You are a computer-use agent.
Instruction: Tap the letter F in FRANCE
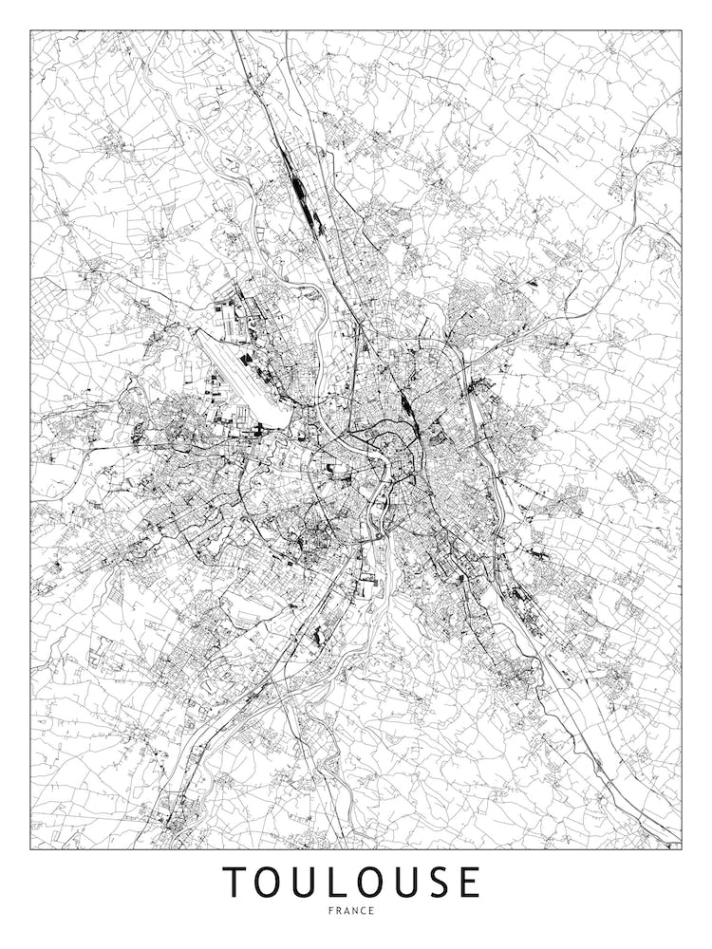(x=328, y=911)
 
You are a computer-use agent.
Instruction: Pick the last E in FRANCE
(x=373, y=911)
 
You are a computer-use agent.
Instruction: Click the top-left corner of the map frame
(x=30, y=30)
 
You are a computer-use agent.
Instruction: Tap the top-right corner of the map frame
(x=682, y=30)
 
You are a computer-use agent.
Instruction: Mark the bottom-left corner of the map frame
(x=30, y=848)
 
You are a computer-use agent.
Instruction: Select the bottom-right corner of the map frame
(x=682, y=848)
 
